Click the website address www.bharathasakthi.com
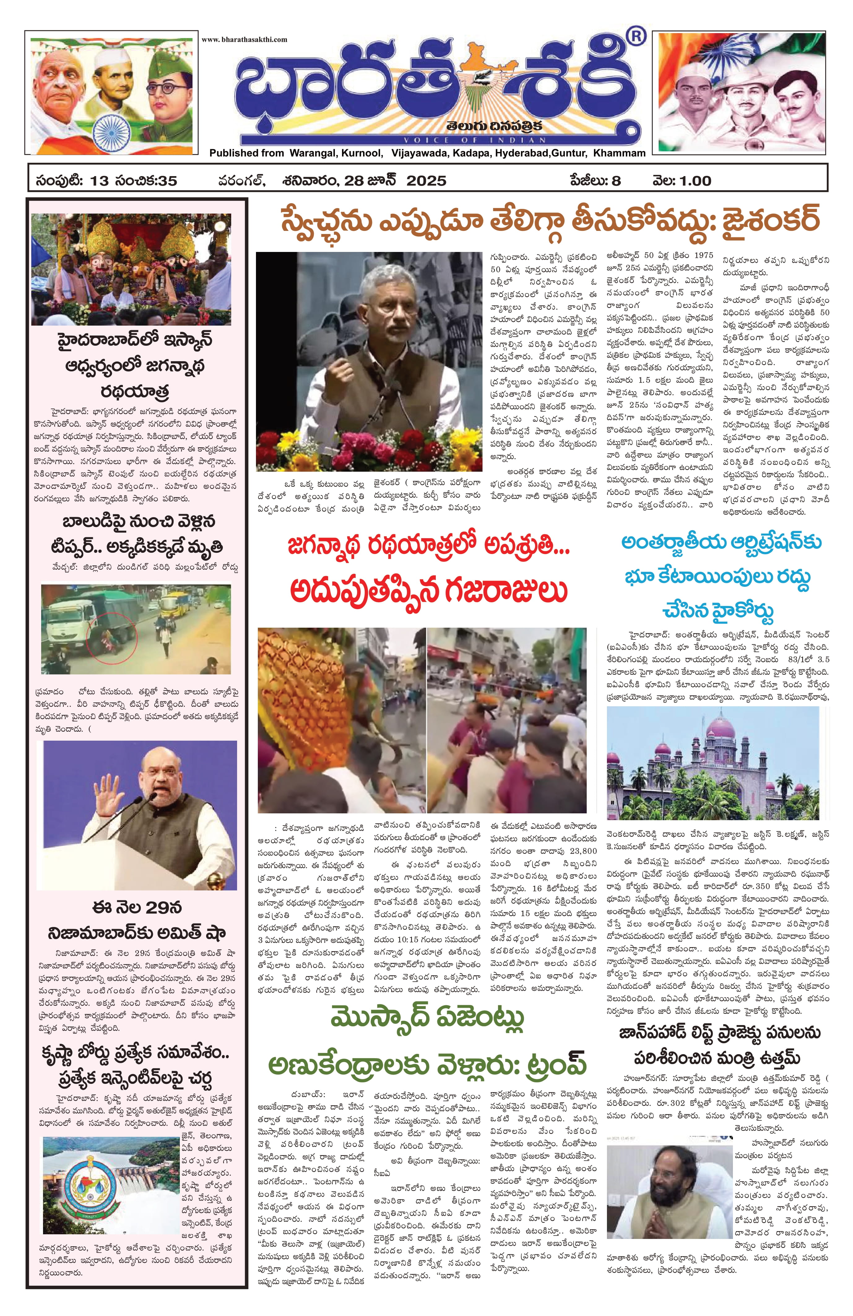pos(244,39)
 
